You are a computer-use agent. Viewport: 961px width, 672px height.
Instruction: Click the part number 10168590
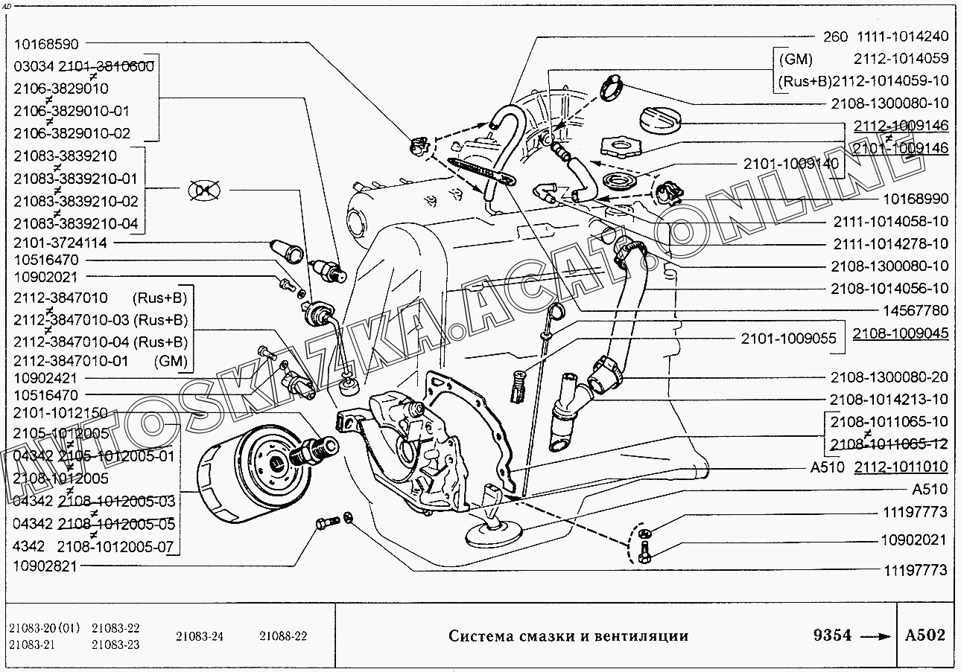pyautogui.click(x=46, y=45)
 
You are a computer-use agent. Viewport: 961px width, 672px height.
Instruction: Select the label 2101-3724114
pyautogui.click(x=60, y=243)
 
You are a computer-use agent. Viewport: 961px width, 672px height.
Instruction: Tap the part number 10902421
pyautogui.click(x=46, y=379)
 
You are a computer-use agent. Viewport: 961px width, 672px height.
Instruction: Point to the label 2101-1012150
pyautogui.click(x=60, y=413)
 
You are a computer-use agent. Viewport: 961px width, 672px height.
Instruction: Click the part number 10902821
pyautogui.click(x=46, y=566)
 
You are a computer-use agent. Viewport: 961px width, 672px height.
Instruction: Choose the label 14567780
pyautogui.click(x=915, y=310)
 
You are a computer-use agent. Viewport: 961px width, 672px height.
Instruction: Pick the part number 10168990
pyautogui.click(x=915, y=199)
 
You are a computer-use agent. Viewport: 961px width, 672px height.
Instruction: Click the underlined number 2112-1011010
pyautogui.click(x=901, y=467)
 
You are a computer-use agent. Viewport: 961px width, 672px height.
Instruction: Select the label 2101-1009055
pyautogui.click(x=788, y=339)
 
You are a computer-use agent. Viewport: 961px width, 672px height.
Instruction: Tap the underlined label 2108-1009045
pyautogui.click(x=901, y=333)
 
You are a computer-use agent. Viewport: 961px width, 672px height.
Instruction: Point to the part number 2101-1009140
pyautogui.click(x=790, y=163)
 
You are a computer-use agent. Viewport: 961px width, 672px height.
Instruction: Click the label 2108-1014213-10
pyautogui.click(x=889, y=399)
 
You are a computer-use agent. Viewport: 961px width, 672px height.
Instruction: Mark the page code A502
pyautogui.click(x=925, y=636)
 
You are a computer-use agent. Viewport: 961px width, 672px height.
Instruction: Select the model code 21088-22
pyautogui.click(x=283, y=636)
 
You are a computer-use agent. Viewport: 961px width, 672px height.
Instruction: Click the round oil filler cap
pyautogui.click(x=659, y=118)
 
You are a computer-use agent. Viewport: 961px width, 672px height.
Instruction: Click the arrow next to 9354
pyautogui.click(x=875, y=637)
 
